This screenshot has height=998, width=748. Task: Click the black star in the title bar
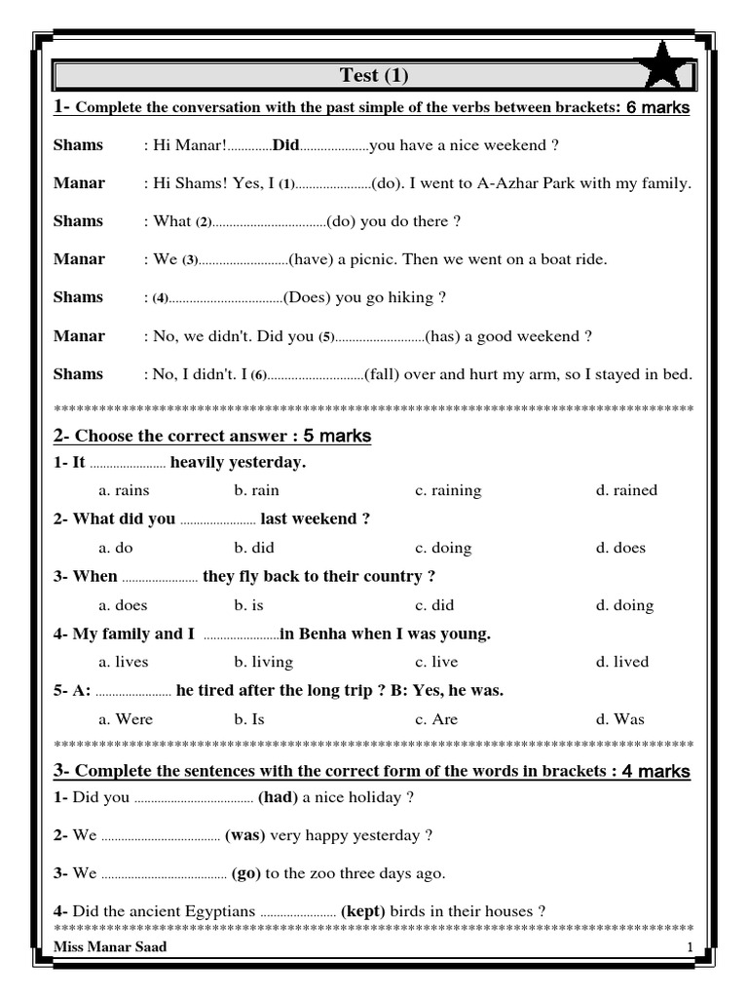coord(665,69)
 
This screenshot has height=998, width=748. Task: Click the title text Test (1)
coord(375,75)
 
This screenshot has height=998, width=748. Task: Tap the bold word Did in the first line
coord(286,145)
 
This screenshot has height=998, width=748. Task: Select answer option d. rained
coord(626,490)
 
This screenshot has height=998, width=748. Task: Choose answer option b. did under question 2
coord(255,548)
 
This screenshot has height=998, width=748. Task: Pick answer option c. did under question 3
coord(434,605)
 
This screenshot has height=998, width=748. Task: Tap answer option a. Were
coord(127,719)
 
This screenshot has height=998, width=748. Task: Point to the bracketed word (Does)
coord(307,297)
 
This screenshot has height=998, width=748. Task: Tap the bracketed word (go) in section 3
coord(246,873)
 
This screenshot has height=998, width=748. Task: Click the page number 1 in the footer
coord(690,948)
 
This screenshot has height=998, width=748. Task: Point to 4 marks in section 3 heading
coord(656,771)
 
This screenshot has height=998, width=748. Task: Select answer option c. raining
coord(448,490)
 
